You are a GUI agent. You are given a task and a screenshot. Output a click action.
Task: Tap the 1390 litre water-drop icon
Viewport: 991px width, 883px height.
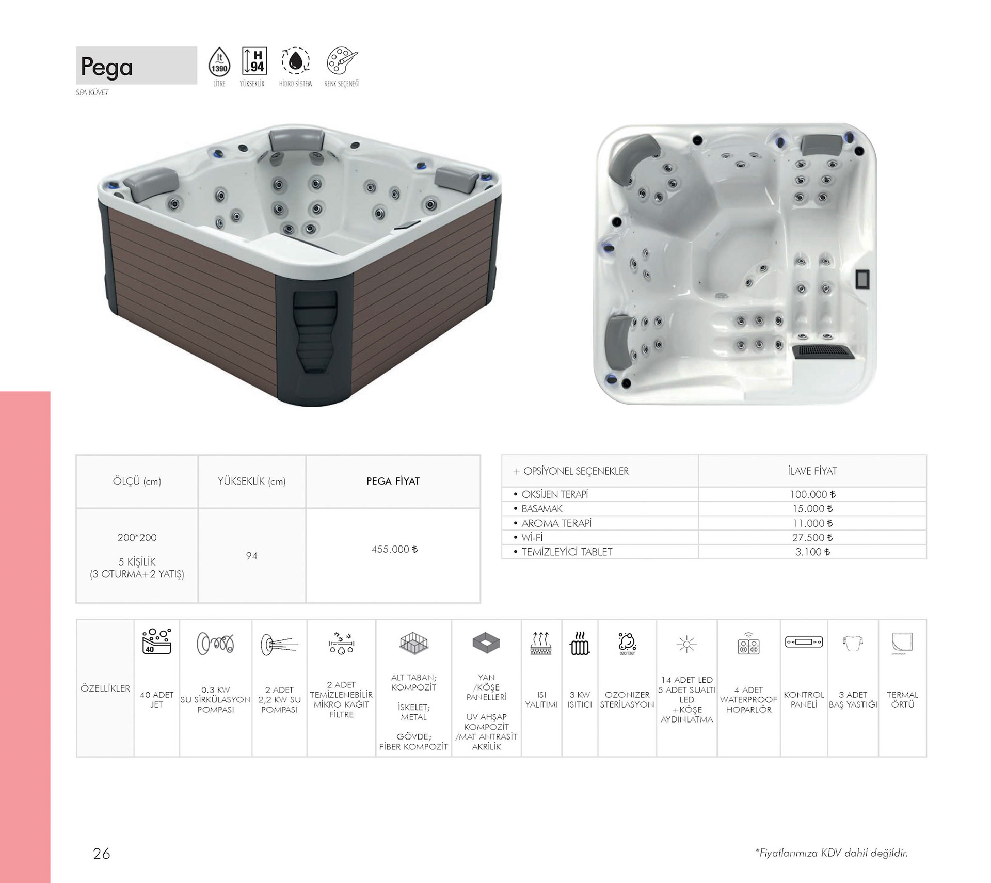pyautogui.click(x=219, y=62)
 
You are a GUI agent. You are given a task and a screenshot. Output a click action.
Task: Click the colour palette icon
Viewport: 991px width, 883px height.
pyautogui.click(x=342, y=60)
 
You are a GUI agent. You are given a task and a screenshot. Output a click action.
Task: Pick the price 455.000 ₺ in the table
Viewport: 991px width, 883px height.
pyautogui.click(x=394, y=549)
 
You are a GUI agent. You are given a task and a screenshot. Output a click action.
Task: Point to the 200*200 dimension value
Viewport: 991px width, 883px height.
pyautogui.click(x=137, y=537)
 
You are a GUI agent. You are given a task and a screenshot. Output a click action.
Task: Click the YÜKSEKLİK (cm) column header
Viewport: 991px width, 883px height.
pyautogui.click(x=251, y=481)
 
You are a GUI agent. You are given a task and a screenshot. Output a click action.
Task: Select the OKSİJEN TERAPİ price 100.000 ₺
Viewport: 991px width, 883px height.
pyautogui.click(x=812, y=494)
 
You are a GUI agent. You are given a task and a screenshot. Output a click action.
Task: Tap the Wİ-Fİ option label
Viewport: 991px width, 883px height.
pyautogui.click(x=532, y=537)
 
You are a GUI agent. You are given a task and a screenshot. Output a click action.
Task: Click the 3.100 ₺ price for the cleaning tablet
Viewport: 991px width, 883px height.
pyautogui.click(x=812, y=552)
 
